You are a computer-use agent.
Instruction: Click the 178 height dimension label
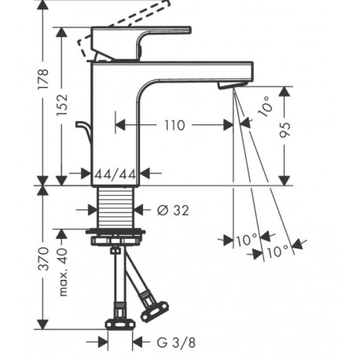pos(42,79)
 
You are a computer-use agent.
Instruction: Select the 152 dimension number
pos(62,105)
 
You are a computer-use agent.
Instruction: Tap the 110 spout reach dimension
pos(174,125)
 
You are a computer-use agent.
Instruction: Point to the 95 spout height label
pos(285,130)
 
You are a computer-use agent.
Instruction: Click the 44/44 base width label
pos(116,174)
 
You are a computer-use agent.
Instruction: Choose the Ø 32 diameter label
pos(173,210)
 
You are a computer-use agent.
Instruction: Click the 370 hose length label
pos(43,259)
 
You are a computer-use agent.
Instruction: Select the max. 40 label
pos(62,272)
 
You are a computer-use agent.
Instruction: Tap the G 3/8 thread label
pos(176,342)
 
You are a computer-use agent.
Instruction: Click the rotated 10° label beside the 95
pos(266,106)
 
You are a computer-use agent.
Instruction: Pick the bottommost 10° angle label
pos(278,252)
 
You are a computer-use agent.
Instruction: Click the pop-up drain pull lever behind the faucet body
pos(84,130)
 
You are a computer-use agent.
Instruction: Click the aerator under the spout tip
pos(232,85)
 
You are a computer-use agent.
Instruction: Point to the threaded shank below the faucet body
pos(116,207)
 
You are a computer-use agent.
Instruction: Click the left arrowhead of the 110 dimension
pos(120,125)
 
